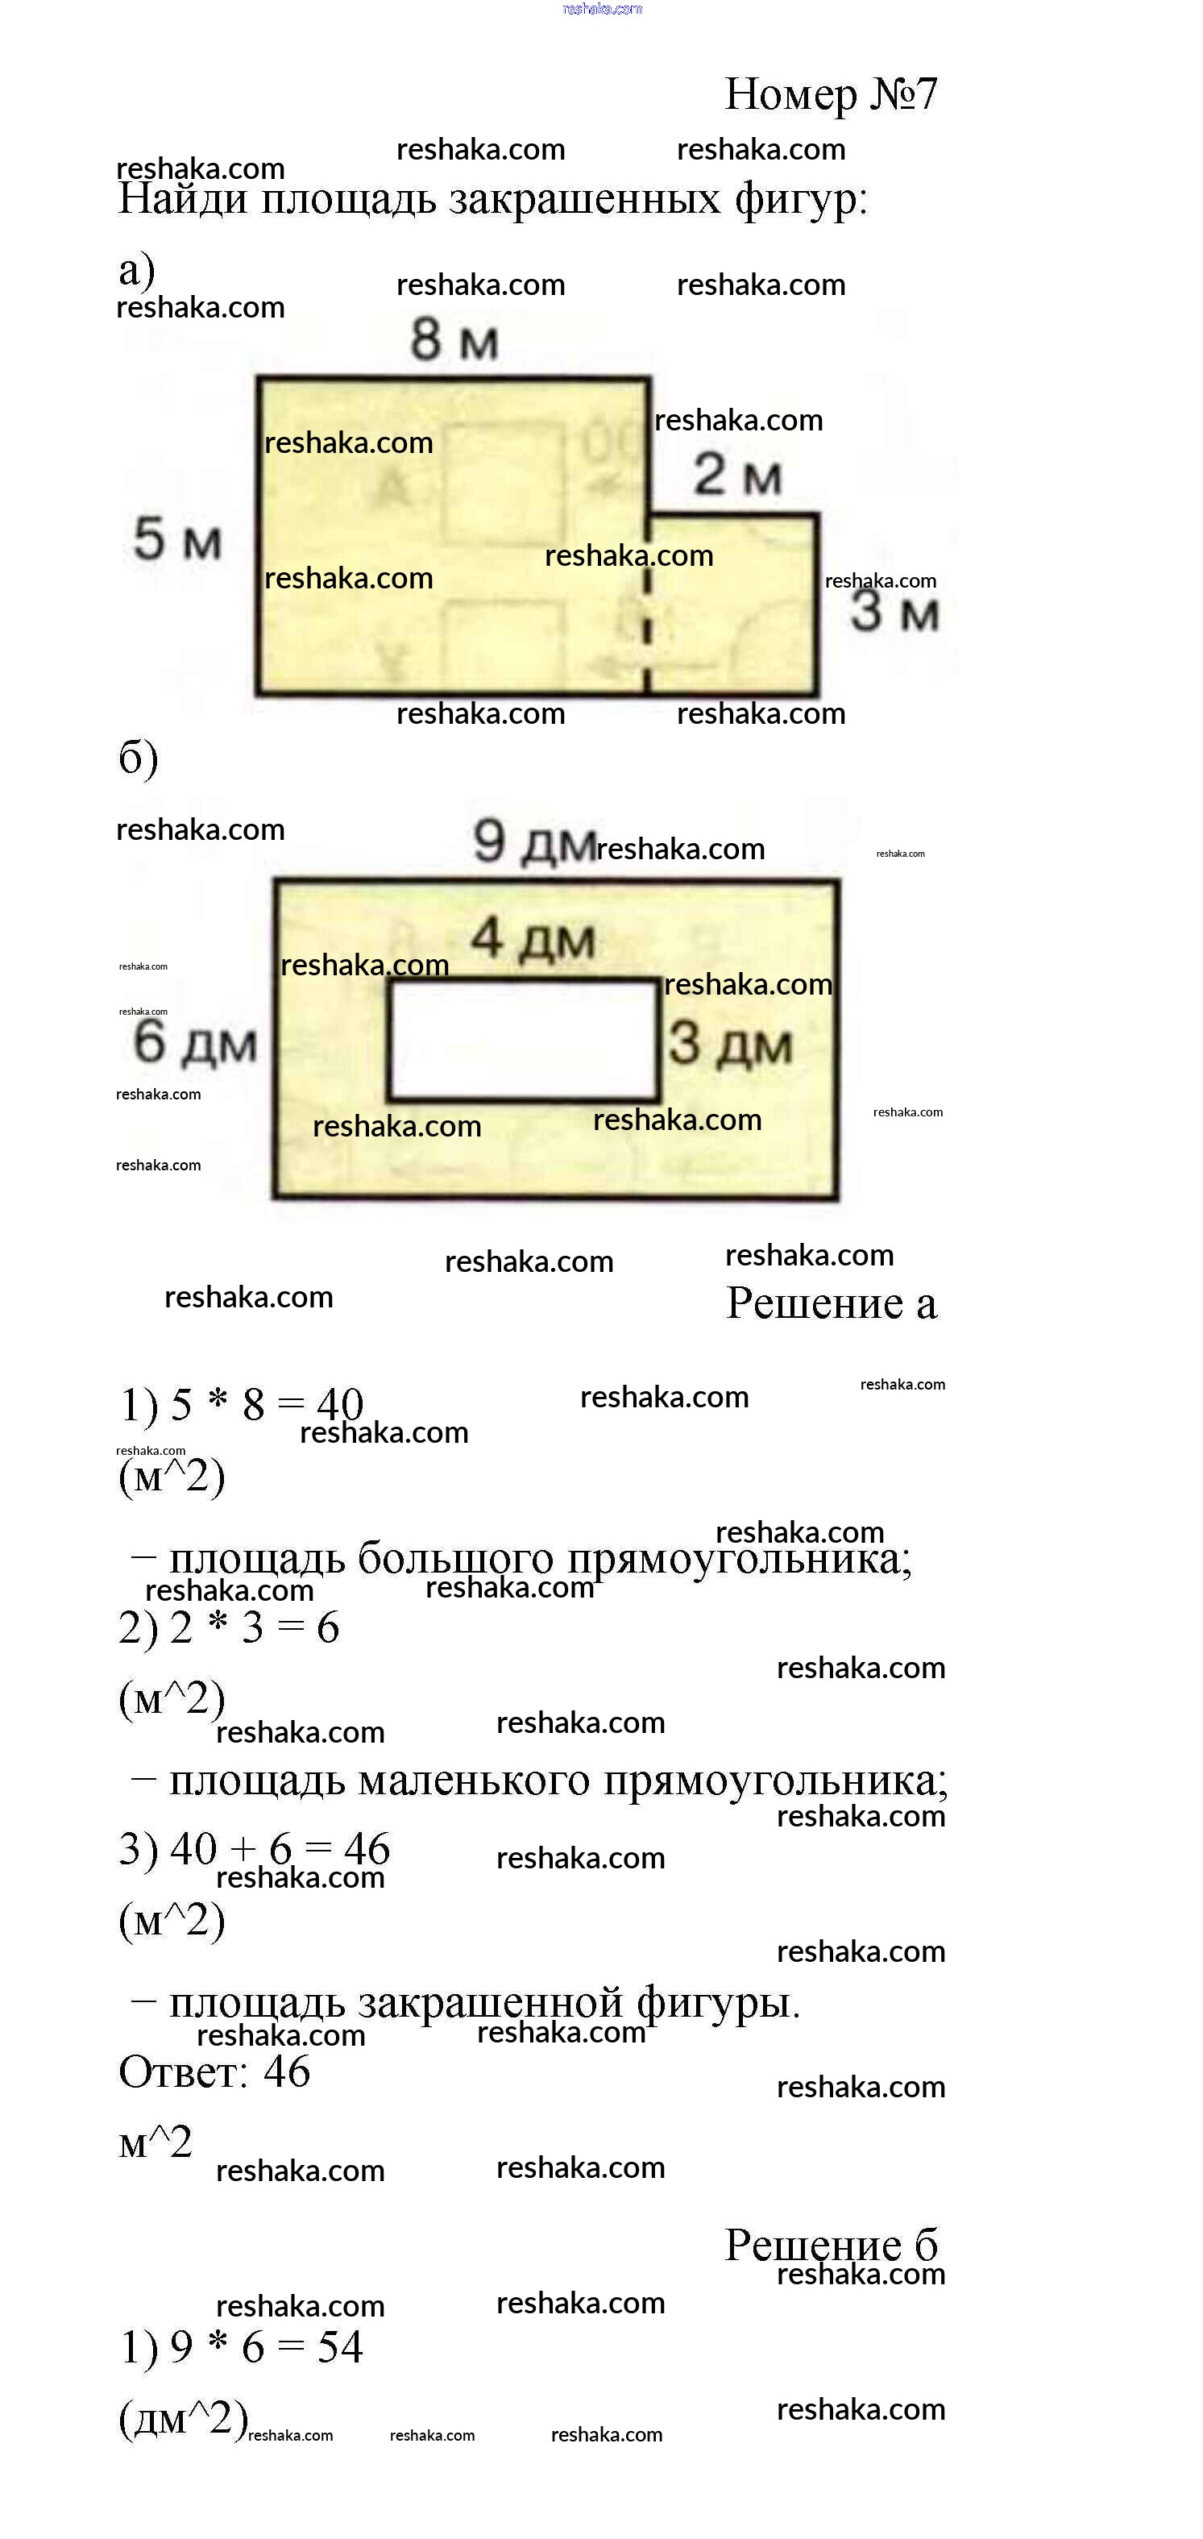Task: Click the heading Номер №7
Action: tap(831, 94)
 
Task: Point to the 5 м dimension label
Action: tap(177, 539)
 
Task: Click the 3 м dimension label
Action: tap(894, 611)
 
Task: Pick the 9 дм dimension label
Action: tap(534, 843)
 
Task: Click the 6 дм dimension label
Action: tap(195, 1043)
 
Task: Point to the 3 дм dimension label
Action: tap(730, 1044)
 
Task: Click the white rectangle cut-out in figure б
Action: tap(523, 1040)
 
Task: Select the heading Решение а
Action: tap(831, 1303)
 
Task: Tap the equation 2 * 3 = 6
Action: tap(254, 1627)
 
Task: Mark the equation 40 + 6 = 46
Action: tap(280, 1849)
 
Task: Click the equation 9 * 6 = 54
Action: tap(266, 2347)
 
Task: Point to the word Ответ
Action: tap(182, 2072)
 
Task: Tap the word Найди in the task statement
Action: tap(182, 199)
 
